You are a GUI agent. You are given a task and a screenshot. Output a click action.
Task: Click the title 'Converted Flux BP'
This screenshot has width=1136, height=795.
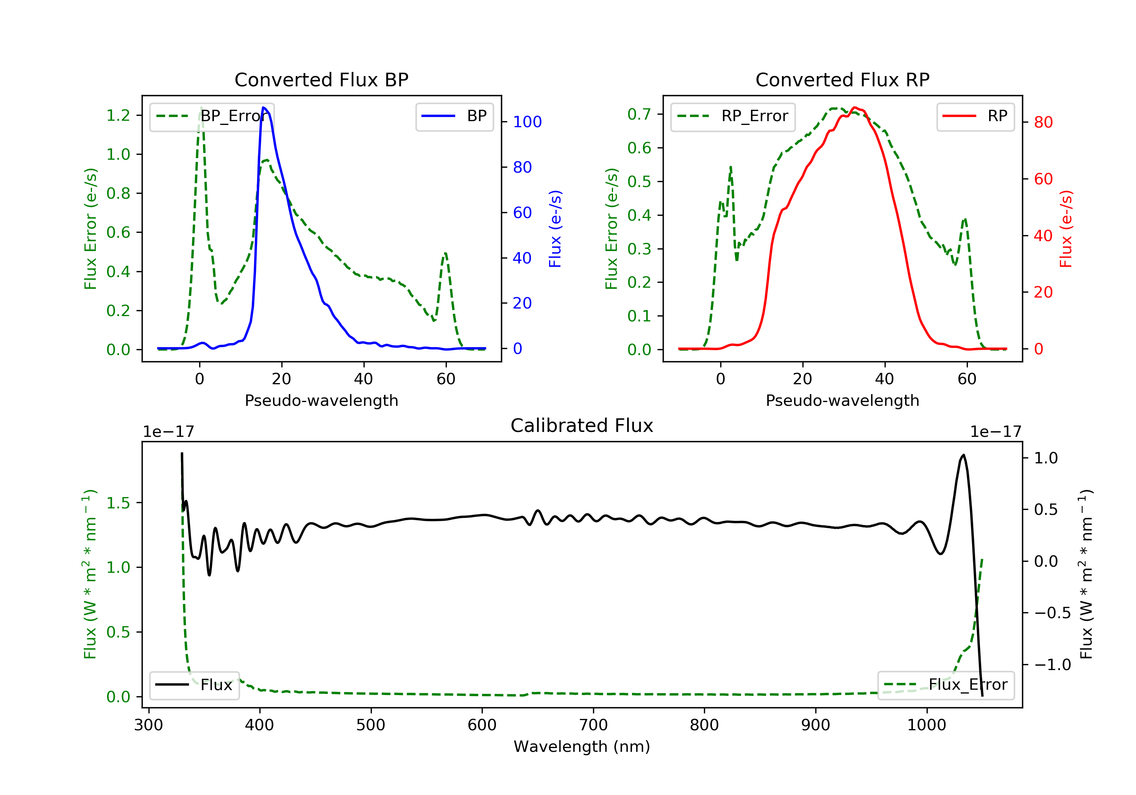click(321, 79)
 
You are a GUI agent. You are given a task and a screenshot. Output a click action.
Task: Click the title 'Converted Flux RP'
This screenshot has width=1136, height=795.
click(842, 79)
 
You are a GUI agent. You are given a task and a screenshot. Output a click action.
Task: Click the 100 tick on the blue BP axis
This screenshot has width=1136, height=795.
click(527, 122)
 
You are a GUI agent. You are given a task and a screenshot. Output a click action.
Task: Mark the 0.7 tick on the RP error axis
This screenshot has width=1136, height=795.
click(639, 114)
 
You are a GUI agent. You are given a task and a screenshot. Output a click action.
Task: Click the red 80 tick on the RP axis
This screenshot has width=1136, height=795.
click(1044, 122)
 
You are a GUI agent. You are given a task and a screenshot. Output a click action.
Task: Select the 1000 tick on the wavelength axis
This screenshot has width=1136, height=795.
click(926, 725)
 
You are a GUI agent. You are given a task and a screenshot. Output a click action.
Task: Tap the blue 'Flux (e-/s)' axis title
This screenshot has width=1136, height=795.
click(555, 229)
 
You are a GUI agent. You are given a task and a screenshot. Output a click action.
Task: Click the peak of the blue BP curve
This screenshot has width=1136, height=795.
click(264, 108)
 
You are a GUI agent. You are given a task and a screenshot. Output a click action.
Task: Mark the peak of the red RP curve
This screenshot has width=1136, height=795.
click(855, 108)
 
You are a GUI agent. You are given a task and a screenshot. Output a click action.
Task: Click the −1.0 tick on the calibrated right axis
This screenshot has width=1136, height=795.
click(1052, 664)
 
